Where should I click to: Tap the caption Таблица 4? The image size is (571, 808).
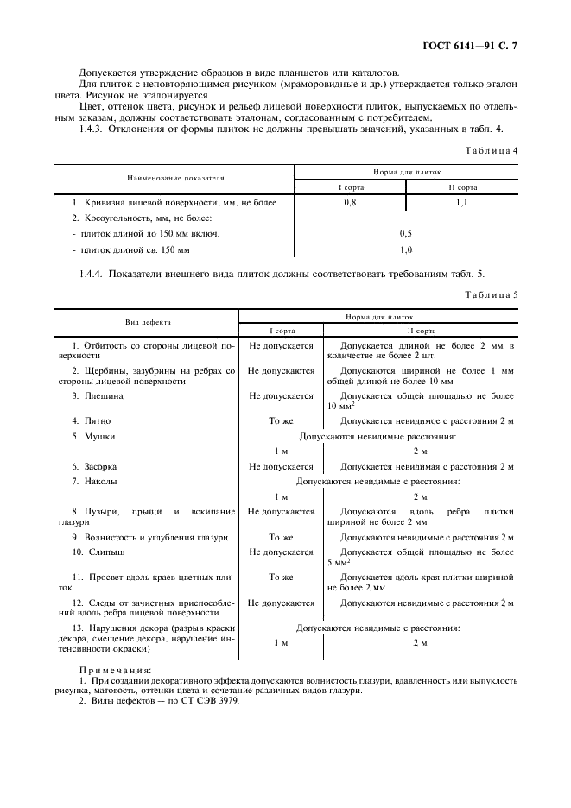[492, 151]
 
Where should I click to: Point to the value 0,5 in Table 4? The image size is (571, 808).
[406, 234]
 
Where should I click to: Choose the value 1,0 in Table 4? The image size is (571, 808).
[406, 250]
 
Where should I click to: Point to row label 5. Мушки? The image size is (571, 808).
[93, 437]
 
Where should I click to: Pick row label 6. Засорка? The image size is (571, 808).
[96, 466]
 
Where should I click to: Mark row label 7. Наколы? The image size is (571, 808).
[95, 482]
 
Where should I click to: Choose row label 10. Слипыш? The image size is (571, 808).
[98, 552]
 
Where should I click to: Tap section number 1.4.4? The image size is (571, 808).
[93, 274]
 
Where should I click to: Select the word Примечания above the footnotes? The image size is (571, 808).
[115, 670]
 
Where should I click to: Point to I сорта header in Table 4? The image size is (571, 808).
[350, 186]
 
